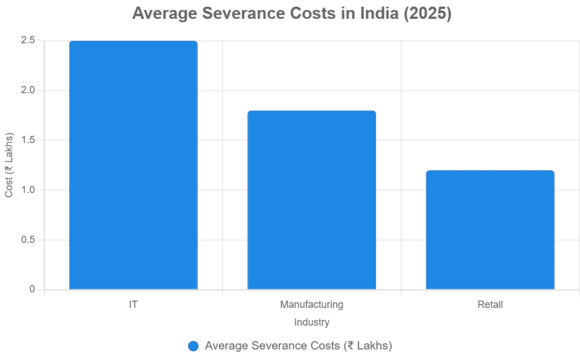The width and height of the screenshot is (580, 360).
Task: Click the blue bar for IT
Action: [133, 165]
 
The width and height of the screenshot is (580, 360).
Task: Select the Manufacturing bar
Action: [312, 200]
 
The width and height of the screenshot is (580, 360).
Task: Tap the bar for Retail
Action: [490, 230]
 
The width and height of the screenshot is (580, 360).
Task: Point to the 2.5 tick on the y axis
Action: [28, 41]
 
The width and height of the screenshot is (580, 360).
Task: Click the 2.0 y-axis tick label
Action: [28, 91]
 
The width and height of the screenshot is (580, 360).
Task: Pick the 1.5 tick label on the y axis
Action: [28, 140]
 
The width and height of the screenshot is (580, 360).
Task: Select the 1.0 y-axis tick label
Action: [28, 190]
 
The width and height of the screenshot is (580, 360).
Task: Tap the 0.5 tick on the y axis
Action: [28, 240]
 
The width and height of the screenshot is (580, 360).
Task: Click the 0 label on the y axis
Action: [32, 289]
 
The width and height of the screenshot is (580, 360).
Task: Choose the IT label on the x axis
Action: [133, 305]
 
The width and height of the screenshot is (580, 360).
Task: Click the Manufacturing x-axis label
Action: [312, 305]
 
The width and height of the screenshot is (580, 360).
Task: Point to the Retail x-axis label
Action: [490, 305]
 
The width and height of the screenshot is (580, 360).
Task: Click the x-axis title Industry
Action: [312, 323]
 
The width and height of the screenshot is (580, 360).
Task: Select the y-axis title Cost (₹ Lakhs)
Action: [9, 165]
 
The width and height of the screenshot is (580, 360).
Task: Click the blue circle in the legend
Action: [193, 346]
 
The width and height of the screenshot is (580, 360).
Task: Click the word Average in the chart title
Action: [164, 13]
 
